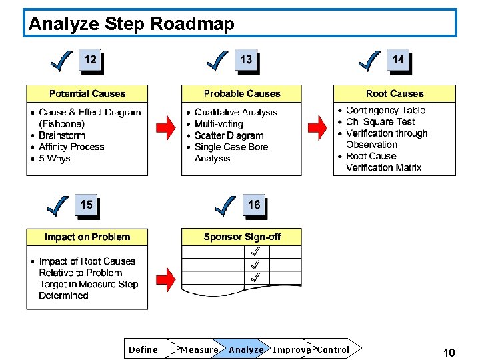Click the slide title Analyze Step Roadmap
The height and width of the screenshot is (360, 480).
132,25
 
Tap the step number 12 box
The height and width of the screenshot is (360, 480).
90,59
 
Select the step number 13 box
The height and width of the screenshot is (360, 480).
246,59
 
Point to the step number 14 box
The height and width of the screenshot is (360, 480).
398,59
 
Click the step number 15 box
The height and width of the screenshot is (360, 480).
87,205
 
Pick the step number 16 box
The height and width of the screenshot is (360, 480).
254,205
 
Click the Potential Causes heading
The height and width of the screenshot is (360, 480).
87,94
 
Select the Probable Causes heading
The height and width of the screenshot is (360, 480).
242,94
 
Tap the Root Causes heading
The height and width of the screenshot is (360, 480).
395,94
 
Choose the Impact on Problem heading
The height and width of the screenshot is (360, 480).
87,237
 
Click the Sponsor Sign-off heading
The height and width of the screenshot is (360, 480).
242,237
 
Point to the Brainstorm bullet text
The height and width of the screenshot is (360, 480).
62,135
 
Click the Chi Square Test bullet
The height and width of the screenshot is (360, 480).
381,122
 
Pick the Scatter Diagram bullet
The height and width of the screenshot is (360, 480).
229,135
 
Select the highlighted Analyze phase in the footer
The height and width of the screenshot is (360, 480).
246,349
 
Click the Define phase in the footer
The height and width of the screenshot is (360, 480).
143,349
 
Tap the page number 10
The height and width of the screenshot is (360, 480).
449,353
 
